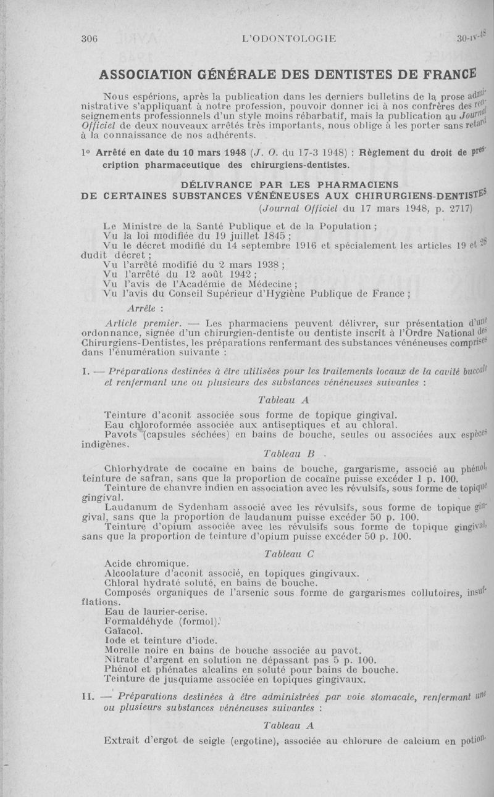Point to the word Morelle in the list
(x=123, y=650)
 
